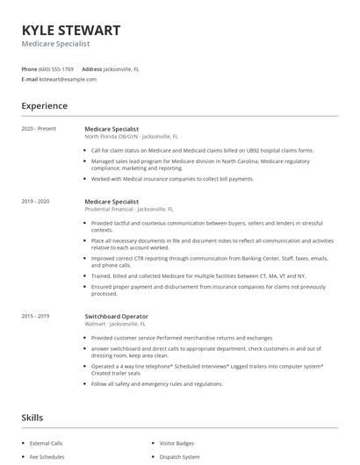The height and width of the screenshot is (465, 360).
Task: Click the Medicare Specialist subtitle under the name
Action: [x=55, y=43]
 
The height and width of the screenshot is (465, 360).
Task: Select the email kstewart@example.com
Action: [x=68, y=79]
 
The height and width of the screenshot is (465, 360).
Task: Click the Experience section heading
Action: [x=44, y=106]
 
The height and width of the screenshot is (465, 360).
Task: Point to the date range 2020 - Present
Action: [x=39, y=129]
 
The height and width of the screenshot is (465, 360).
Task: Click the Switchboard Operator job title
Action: [x=116, y=316]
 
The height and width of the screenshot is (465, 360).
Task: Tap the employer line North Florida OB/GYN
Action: [x=131, y=137]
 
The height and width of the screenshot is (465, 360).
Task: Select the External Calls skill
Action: [x=47, y=442]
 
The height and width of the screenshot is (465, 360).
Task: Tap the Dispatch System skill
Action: [x=178, y=456]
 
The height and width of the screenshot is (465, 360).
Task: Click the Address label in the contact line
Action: [x=91, y=68]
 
